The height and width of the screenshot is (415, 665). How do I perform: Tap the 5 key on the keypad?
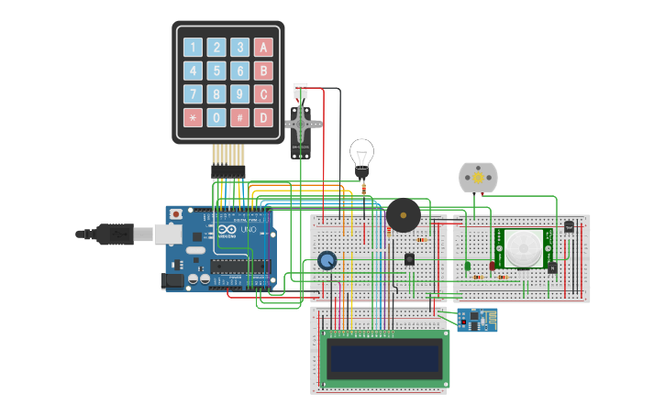pyautogui.click(x=216, y=71)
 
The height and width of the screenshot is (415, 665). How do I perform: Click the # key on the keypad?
pyautogui.click(x=239, y=117)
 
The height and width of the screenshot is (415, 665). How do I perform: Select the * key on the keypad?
pyautogui.click(x=193, y=117)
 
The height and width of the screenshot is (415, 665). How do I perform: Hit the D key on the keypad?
pyautogui.click(x=263, y=117)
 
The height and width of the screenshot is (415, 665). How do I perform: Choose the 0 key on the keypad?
pyautogui.click(x=216, y=117)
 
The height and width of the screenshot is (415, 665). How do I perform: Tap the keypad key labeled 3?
pyautogui.click(x=239, y=48)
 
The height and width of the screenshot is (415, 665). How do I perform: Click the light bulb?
pyautogui.click(x=361, y=155)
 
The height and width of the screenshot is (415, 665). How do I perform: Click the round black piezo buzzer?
pyautogui.click(x=403, y=216)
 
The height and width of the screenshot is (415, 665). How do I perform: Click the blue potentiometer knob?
pyautogui.click(x=327, y=261)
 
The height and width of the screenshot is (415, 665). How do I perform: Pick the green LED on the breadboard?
pyautogui.click(x=467, y=266)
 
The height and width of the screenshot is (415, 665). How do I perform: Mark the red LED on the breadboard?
pyautogui.click(x=493, y=266)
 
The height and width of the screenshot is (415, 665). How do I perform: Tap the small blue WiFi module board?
pyautogui.click(x=476, y=320)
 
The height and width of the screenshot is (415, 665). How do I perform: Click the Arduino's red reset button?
pyautogui.click(x=176, y=214)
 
